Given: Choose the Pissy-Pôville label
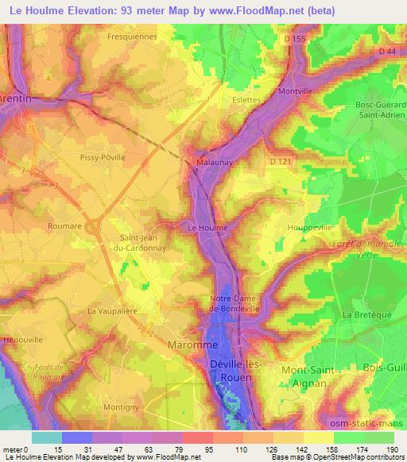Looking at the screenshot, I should coord(103,158).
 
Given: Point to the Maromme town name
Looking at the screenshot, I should coord(189,345).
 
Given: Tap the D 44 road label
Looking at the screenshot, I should coord(387,51).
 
